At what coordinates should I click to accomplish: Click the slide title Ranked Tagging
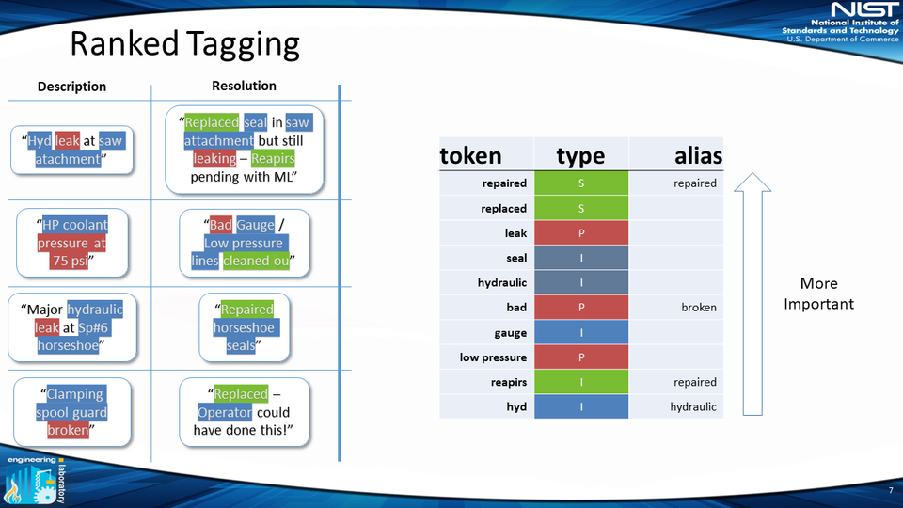tap(185, 44)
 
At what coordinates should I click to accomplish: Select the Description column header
tap(71, 87)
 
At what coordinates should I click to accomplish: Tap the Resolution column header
tap(244, 86)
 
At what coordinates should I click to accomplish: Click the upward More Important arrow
tap(752, 293)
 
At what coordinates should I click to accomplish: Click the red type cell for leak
tap(580, 232)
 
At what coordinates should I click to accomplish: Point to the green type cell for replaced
tap(580, 208)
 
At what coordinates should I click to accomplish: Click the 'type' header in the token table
tap(580, 155)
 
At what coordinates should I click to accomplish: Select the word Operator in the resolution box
tap(225, 412)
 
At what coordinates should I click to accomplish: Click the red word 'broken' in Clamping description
tap(70, 430)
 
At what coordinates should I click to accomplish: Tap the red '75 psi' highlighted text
tap(71, 261)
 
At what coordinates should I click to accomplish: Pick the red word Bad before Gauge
tap(220, 225)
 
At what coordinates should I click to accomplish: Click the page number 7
tap(890, 491)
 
